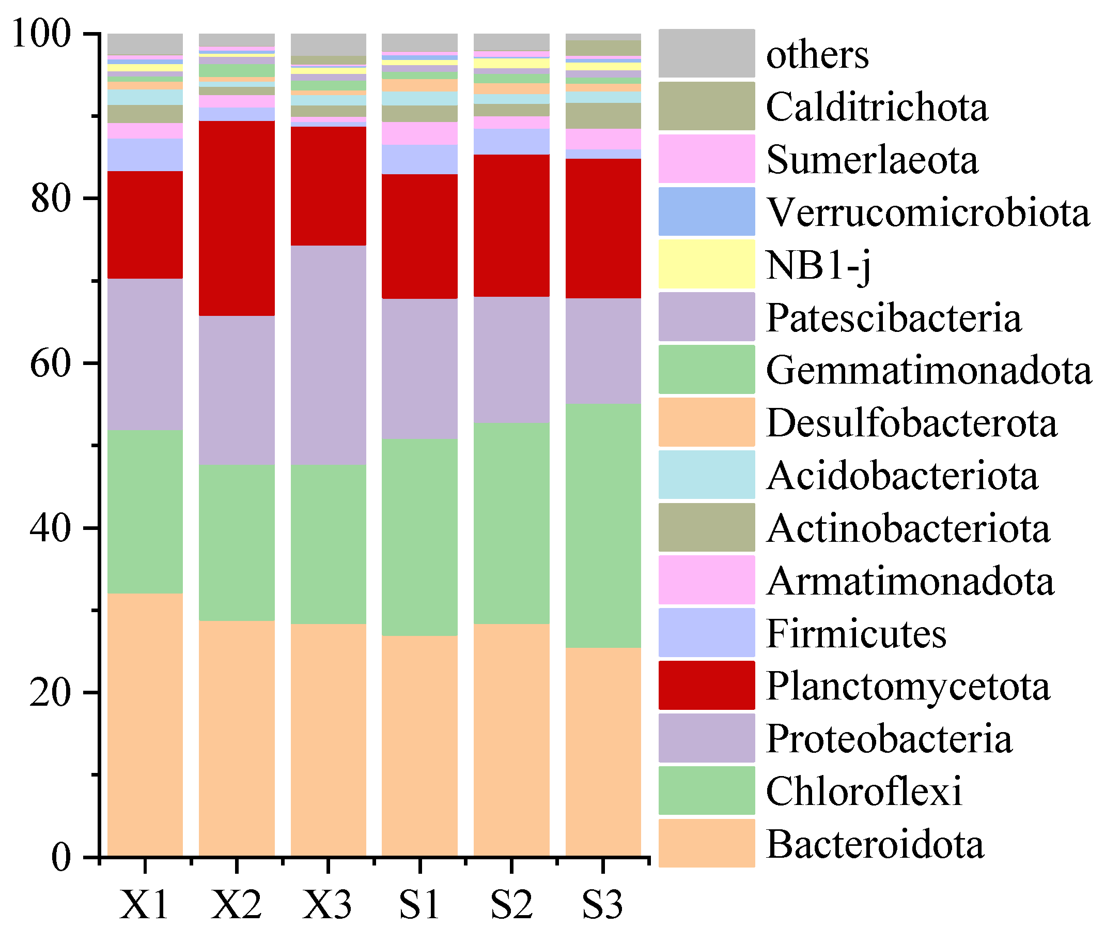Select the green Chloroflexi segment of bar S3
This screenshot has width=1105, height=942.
(x=603, y=526)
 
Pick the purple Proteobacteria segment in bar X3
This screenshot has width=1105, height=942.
(x=329, y=355)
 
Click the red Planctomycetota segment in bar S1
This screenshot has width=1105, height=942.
(x=419, y=236)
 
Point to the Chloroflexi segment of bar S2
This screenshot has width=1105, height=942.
(x=511, y=523)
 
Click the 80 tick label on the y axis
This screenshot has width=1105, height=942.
(x=51, y=199)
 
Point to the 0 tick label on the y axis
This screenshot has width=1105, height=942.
(x=61, y=858)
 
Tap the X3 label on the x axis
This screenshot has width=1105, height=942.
(x=328, y=905)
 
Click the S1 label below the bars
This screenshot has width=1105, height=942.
(x=419, y=905)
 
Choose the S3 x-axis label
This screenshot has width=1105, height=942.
(x=603, y=905)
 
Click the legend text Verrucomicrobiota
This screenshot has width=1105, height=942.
(x=928, y=212)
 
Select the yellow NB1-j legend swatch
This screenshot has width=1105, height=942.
(x=706, y=264)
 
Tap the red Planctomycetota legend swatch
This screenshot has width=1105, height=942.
(x=706, y=685)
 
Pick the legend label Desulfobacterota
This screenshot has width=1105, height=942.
(x=911, y=423)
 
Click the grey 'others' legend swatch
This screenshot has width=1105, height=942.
(x=706, y=53)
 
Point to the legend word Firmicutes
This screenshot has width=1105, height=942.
(x=856, y=633)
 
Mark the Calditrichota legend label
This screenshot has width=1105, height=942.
(x=877, y=107)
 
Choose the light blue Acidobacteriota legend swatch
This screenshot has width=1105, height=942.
(x=706, y=475)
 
